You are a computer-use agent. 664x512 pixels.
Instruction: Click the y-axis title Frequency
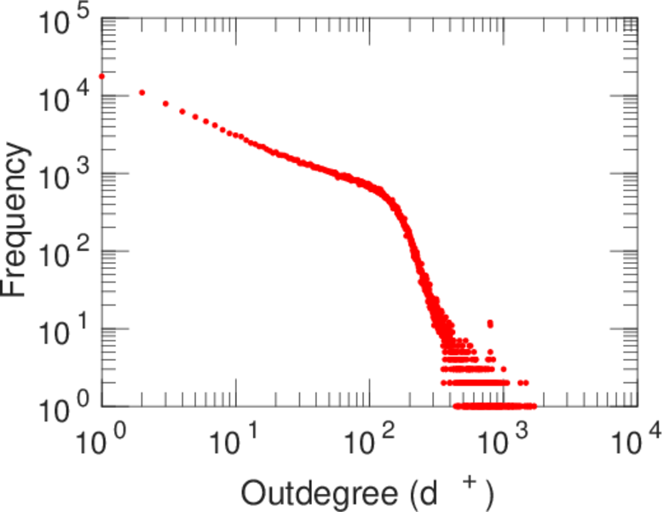click(x=17, y=219)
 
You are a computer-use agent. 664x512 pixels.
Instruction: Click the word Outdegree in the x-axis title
click(x=318, y=493)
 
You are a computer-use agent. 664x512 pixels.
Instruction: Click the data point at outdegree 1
click(x=101, y=76)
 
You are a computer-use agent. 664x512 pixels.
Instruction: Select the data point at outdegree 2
click(x=141, y=92)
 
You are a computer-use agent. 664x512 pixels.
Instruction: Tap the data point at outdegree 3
click(x=165, y=103)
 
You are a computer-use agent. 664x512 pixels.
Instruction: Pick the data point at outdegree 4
click(x=182, y=110)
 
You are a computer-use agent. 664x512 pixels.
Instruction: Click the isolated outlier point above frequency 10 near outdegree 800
click(x=490, y=323)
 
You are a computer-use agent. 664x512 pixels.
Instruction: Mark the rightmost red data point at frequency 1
click(x=534, y=406)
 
